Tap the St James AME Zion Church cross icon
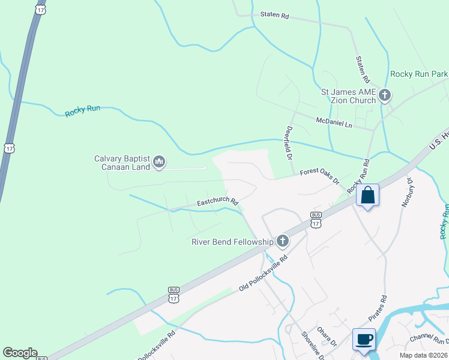384,95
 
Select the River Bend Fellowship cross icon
282,241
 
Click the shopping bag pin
367,196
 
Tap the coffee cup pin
364,339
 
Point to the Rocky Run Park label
419,74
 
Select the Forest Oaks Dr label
320,176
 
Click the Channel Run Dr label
429,340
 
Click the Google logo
20,353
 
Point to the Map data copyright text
424,355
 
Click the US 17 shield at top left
40,10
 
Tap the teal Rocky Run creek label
83,111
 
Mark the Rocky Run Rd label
361,175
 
